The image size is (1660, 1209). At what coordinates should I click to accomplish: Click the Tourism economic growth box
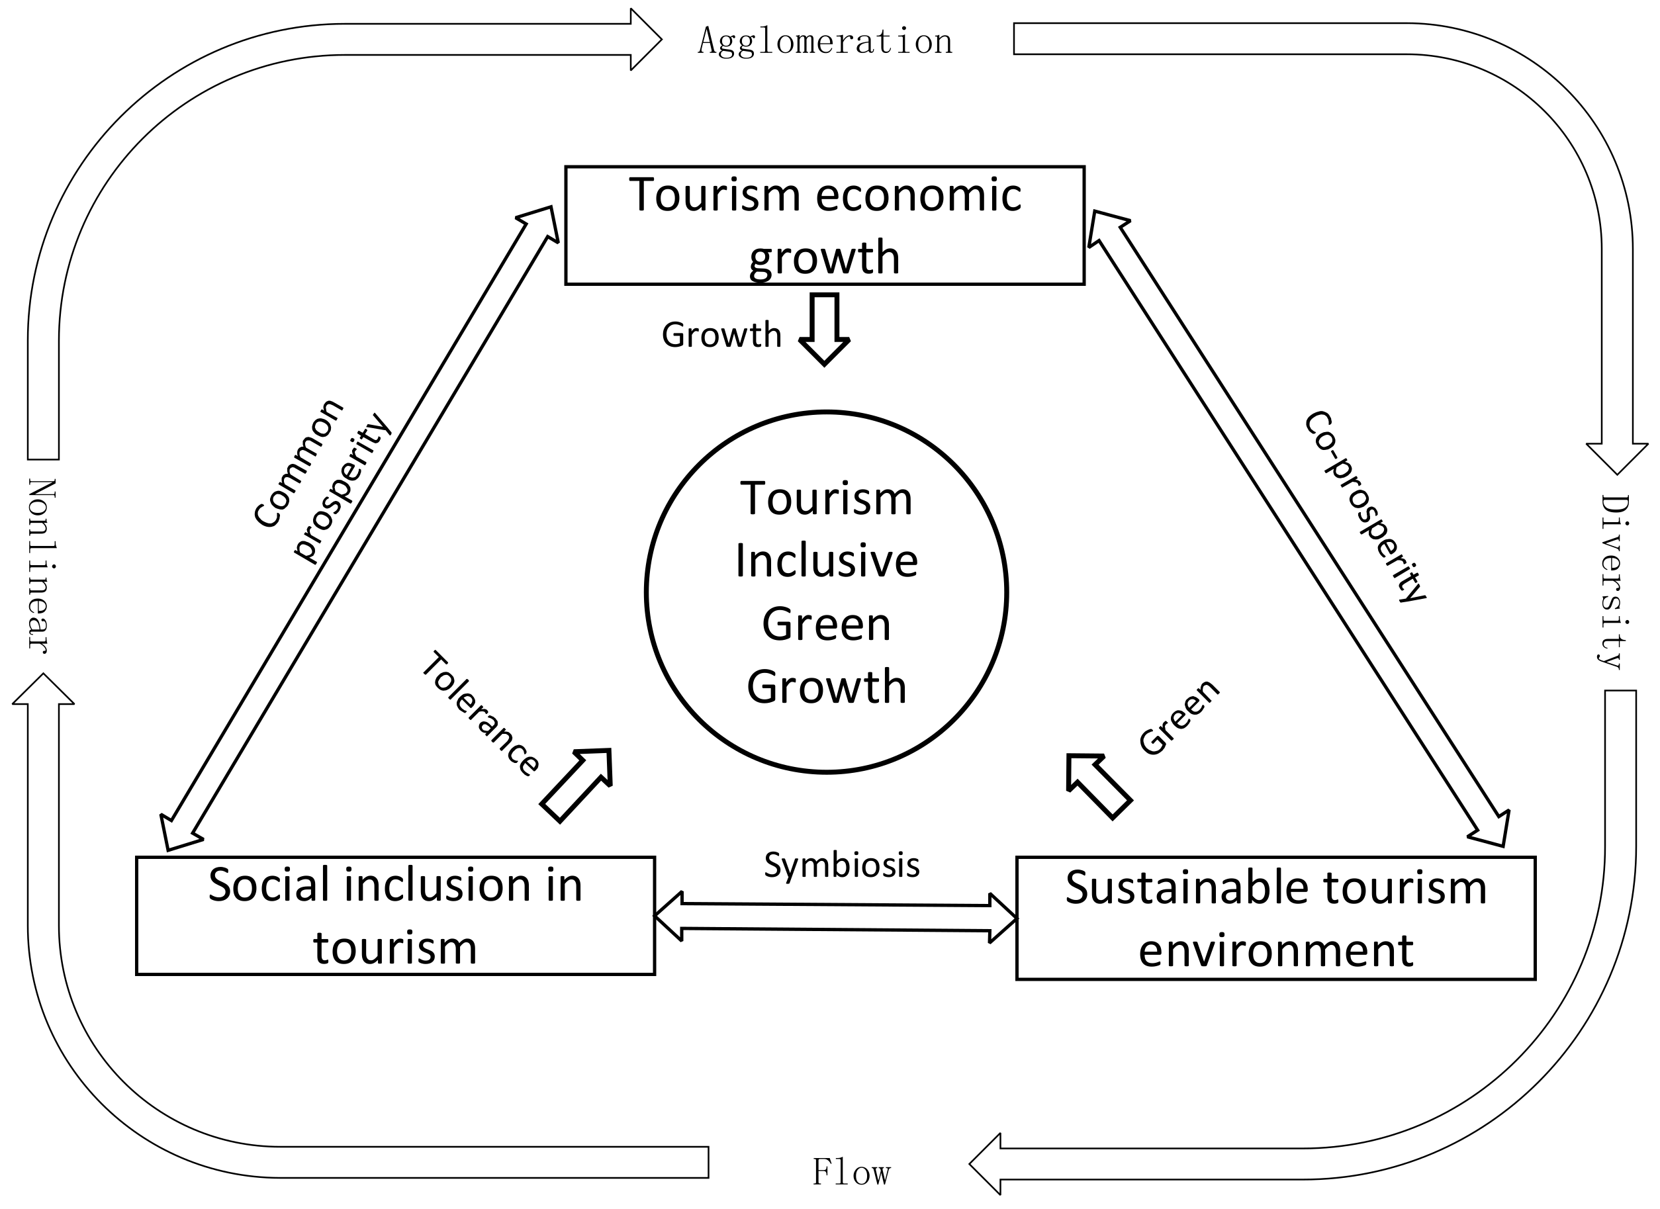(x=824, y=225)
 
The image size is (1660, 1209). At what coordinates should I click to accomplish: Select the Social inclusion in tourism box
(x=395, y=916)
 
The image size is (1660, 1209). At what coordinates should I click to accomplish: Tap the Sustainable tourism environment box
(x=1275, y=918)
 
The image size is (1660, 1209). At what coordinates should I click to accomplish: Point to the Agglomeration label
(x=825, y=42)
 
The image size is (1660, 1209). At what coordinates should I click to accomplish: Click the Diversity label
(x=1614, y=582)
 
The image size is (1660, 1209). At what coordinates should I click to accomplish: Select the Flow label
(x=851, y=1173)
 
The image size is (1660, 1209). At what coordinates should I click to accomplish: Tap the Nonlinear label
(x=42, y=565)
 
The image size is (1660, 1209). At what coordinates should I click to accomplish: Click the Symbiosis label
(x=842, y=865)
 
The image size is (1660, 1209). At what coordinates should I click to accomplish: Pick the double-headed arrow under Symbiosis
(x=835, y=917)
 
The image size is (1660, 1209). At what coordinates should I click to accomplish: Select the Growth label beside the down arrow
(x=721, y=336)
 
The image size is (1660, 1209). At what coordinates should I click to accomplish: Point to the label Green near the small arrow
(x=1178, y=717)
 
